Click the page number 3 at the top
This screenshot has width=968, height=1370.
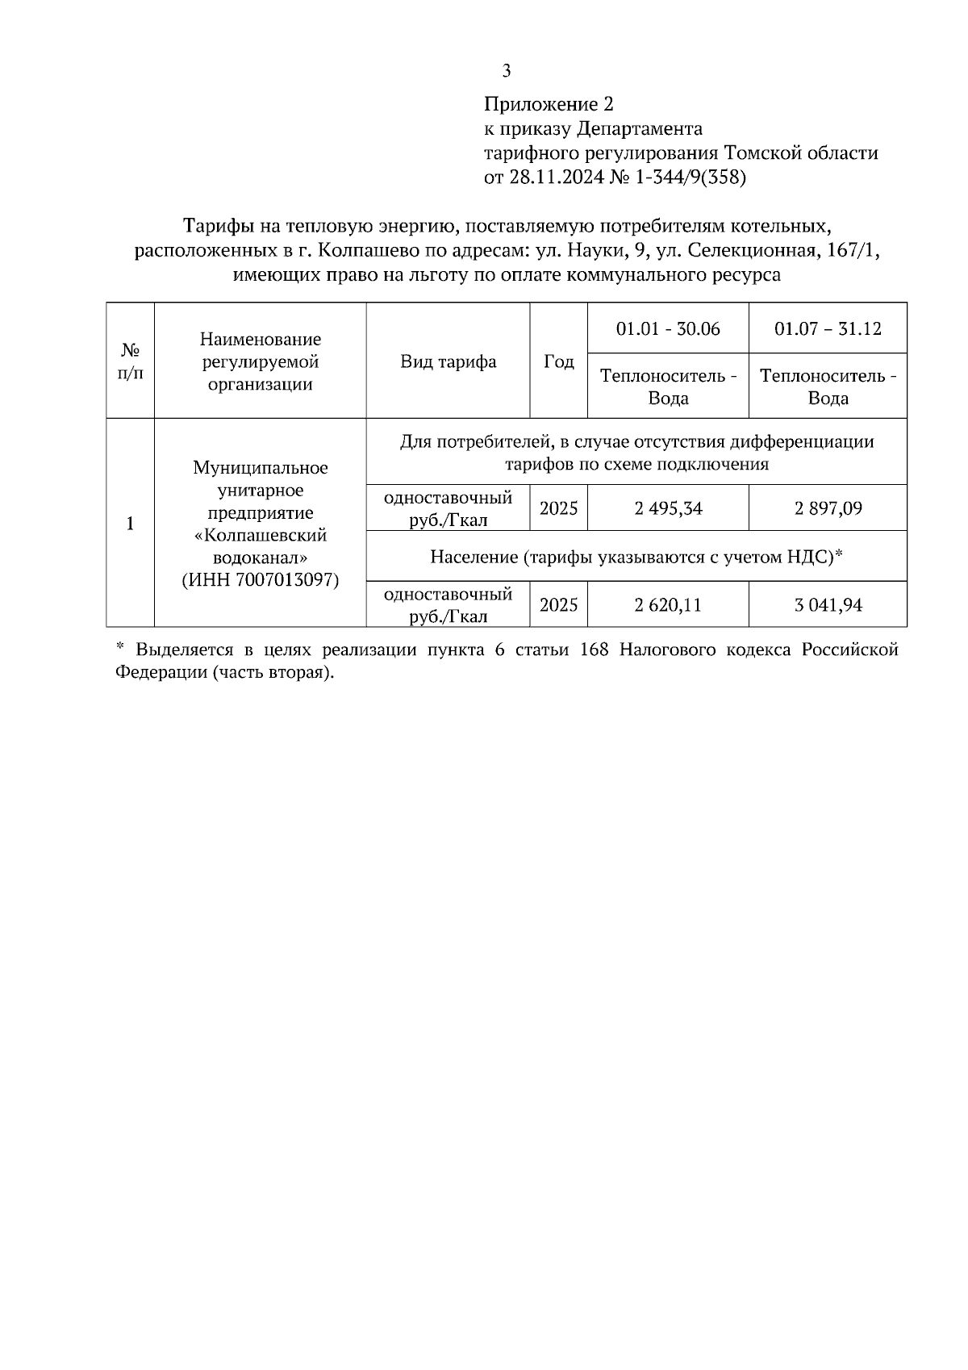[506, 71]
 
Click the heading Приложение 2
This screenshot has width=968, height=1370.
[549, 104]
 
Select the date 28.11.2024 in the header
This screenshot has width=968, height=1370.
[555, 178]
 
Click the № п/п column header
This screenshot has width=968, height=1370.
[131, 361]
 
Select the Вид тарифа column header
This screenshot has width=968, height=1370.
[448, 361]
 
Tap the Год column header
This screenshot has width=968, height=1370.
[558, 361]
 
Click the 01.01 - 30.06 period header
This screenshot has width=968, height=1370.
[668, 329]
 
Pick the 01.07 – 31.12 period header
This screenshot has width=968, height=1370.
[828, 329]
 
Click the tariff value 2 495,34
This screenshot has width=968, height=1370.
[668, 508]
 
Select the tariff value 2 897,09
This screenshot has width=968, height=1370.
[828, 508]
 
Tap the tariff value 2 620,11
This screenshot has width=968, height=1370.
[668, 604]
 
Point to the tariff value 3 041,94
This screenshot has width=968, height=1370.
[828, 604]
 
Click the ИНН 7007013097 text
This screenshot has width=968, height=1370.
[260, 579]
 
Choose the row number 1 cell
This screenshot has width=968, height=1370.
[131, 523]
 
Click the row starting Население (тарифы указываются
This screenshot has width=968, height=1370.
[636, 557]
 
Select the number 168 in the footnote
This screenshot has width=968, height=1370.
[594, 650]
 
